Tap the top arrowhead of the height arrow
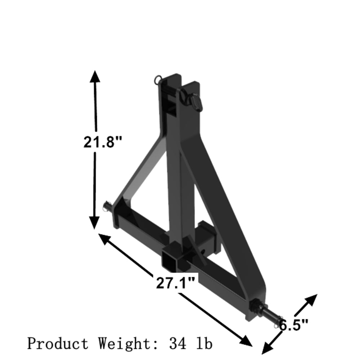point(95,77)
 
